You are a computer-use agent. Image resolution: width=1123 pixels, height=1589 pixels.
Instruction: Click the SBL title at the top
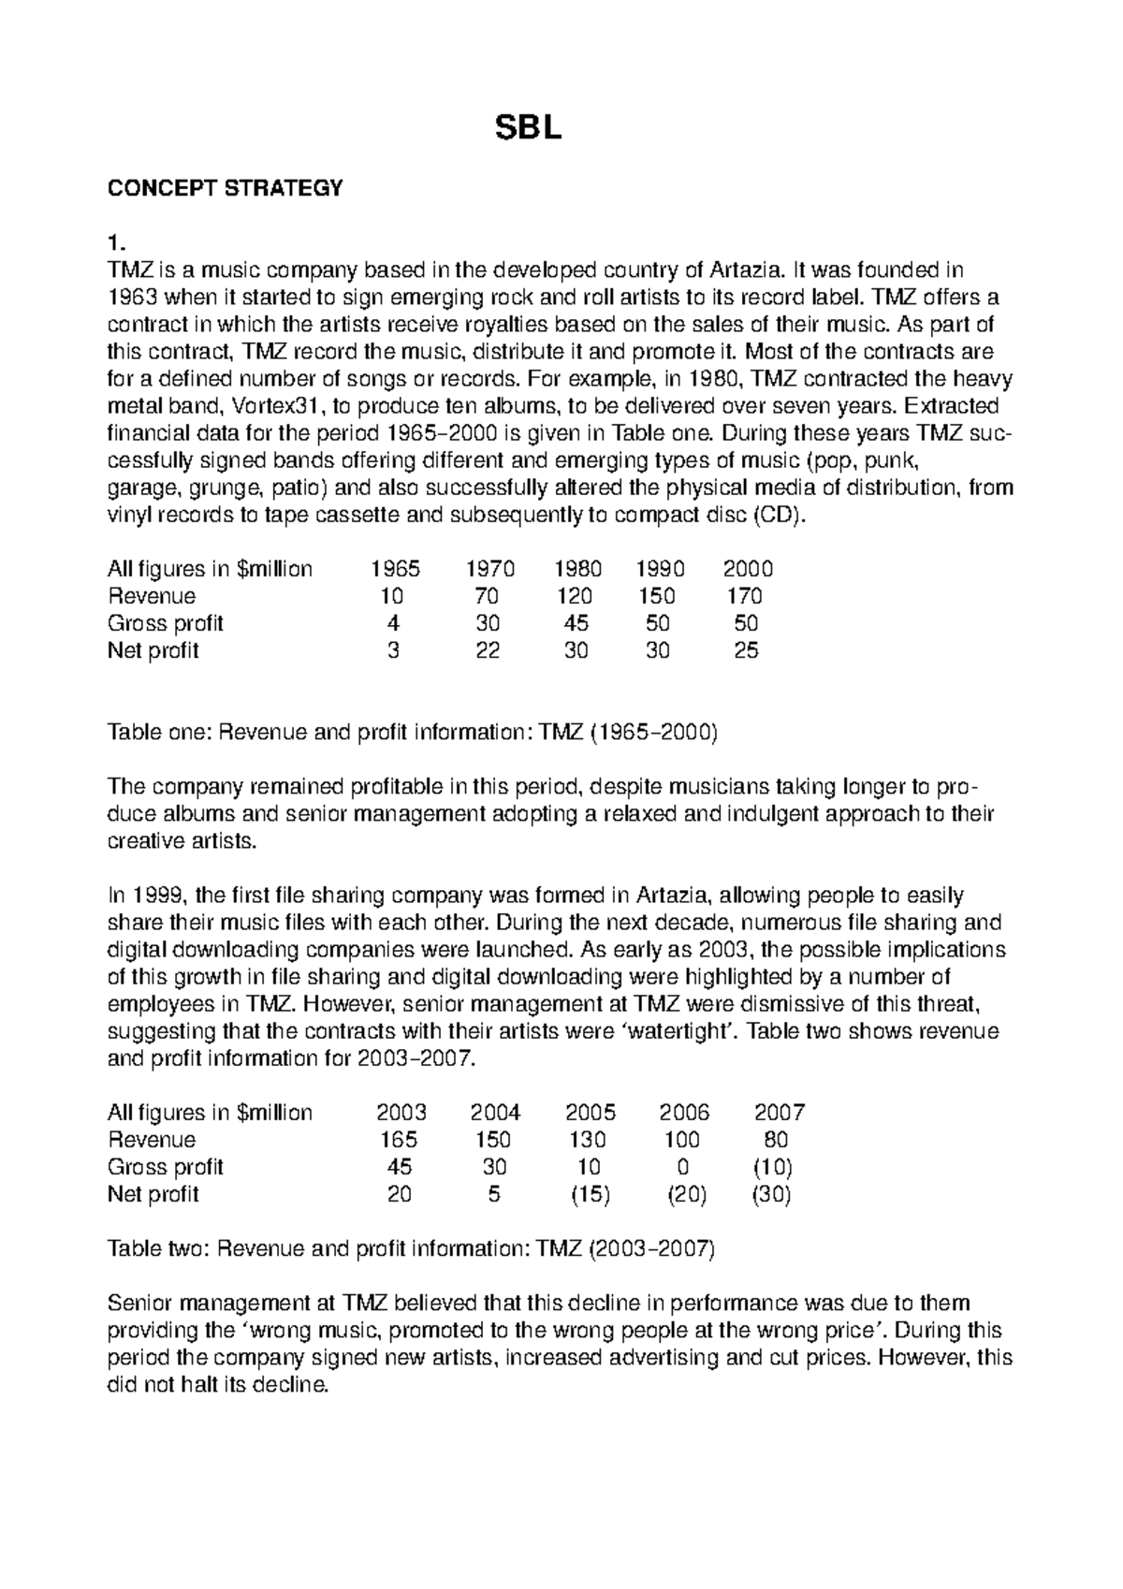[529, 130]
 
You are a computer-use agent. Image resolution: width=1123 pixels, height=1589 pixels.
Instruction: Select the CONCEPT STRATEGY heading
[226, 188]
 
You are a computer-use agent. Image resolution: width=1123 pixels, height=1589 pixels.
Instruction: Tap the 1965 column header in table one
[395, 569]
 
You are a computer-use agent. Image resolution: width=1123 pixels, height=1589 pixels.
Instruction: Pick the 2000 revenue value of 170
[744, 596]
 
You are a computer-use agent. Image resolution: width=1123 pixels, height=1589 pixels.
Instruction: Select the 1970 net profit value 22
[487, 650]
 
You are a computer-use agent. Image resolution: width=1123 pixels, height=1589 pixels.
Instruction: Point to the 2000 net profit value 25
[746, 650]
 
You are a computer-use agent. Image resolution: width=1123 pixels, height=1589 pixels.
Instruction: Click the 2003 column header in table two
[401, 1113]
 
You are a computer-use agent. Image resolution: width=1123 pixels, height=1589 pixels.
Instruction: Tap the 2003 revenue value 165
[400, 1140]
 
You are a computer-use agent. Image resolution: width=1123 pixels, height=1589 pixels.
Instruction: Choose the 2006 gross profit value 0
[683, 1167]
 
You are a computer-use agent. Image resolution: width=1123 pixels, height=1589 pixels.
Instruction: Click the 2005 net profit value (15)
[591, 1194]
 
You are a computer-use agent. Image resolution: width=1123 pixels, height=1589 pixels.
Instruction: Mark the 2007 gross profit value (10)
[773, 1167]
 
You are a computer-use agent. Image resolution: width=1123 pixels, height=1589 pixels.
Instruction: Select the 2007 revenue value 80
[776, 1140]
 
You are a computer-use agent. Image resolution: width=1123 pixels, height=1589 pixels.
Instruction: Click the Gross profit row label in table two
[166, 1167]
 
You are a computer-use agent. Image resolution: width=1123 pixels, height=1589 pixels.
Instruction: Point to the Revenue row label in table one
[152, 596]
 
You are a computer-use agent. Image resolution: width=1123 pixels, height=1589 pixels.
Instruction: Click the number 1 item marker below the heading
[115, 243]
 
